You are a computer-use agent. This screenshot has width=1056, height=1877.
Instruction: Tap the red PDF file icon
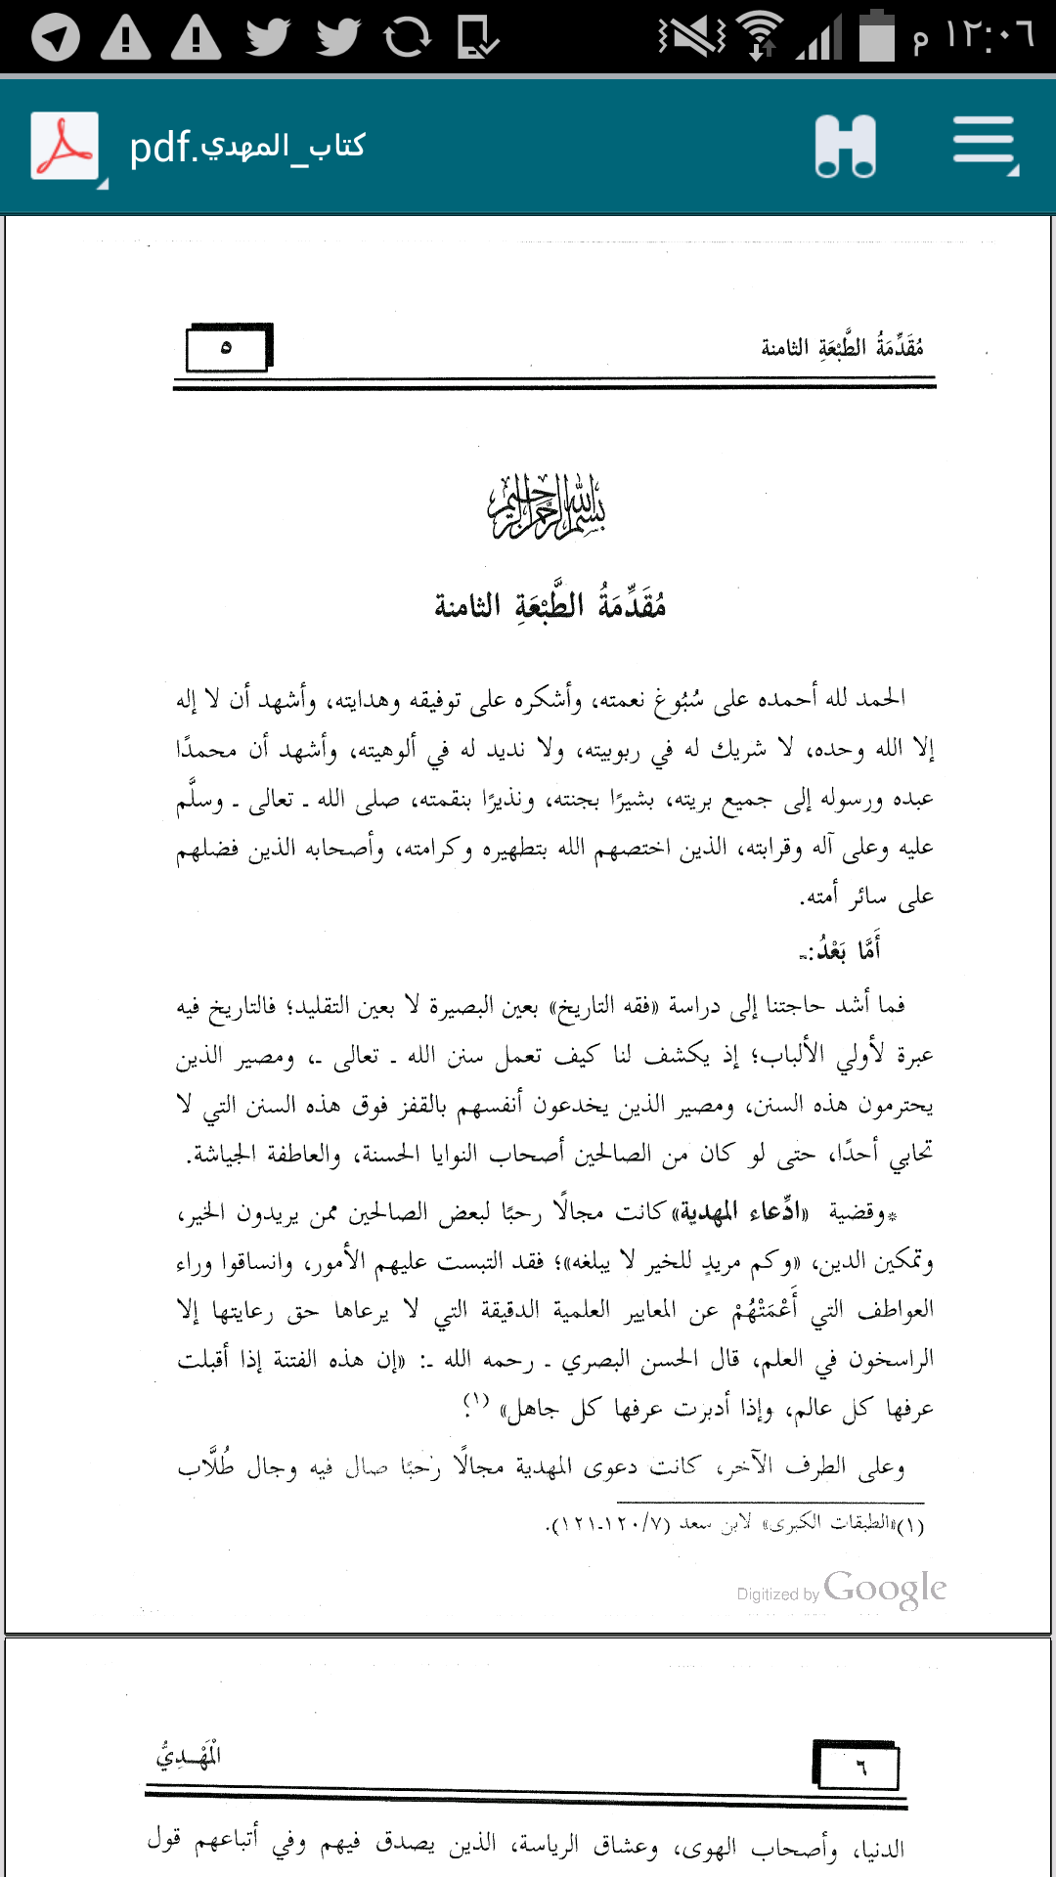click(x=65, y=146)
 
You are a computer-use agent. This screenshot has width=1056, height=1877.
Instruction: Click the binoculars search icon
click(x=846, y=146)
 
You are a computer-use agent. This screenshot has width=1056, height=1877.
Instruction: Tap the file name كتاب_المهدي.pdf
click(x=247, y=147)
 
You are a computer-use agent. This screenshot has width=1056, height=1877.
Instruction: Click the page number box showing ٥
click(x=228, y=348)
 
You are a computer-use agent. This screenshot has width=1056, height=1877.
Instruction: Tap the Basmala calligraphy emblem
click(x=547, y=505)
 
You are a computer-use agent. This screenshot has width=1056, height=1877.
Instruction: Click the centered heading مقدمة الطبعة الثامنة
click(x=550, y=606)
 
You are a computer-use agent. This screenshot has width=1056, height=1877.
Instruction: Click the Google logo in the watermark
click(x=885, y=1589)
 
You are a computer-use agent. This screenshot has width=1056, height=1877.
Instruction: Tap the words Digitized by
click(x=777, y=1594)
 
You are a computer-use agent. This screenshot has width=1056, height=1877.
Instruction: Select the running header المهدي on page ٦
click(x=189, y=1756)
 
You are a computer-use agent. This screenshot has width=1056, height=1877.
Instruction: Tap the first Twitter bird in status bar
click(x=267, y=37)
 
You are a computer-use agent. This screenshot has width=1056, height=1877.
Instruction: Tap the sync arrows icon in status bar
click(x=407, y=37)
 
